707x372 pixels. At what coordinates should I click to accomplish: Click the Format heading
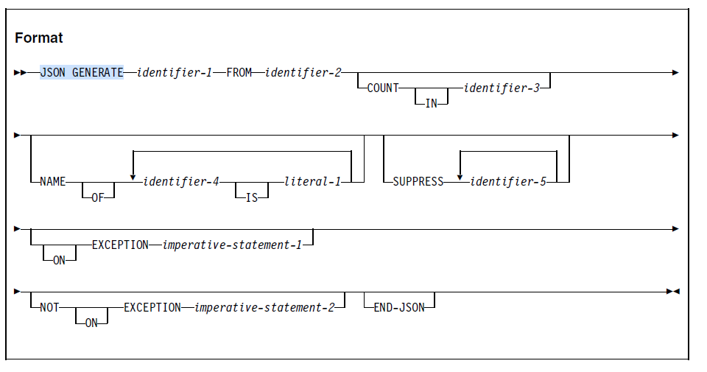point(39,38)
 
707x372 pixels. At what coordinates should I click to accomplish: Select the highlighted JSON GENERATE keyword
point(81,72)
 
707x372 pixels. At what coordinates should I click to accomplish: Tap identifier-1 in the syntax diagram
point(174,72)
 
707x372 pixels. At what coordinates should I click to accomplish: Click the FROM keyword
point(239,72)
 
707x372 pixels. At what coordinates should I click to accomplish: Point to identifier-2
point(303,72)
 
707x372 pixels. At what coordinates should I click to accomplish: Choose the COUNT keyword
point(383,88)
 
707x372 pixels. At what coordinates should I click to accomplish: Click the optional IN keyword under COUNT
point(432,103)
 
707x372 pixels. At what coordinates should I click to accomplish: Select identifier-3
point(501,88)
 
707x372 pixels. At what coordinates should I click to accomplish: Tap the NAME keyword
point(53,181)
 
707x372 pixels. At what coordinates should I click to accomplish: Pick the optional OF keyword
point(98,197)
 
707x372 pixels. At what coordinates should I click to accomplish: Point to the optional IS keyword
point(251,197)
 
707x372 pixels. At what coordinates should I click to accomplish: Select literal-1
point(312,181)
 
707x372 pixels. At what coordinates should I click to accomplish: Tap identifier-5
point(508,181)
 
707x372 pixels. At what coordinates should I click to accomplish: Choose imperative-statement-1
point(233,245)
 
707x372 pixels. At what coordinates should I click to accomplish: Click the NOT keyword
point(50,307)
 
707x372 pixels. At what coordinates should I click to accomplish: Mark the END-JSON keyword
point(399,307)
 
